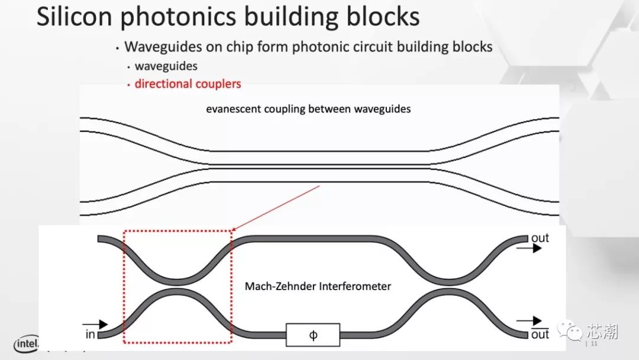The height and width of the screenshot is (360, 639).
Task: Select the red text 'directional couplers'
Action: point(188,83)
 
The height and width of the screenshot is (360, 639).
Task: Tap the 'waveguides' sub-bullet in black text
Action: point(166,66)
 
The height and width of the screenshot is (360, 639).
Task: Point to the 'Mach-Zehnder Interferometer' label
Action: point(318,287)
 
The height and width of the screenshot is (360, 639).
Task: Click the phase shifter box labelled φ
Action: point(313,335)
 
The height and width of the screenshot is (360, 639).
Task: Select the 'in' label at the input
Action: point(90,335)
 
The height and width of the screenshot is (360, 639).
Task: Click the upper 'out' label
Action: point(540,238)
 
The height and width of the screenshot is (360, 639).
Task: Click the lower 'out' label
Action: point(540,335)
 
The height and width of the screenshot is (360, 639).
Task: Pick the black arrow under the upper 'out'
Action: point(529,249)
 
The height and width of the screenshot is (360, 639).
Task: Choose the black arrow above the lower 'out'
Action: point(529,322)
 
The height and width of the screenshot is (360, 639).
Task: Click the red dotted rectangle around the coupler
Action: point(124,284)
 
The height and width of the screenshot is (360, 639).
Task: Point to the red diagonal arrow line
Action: point(276,208)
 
